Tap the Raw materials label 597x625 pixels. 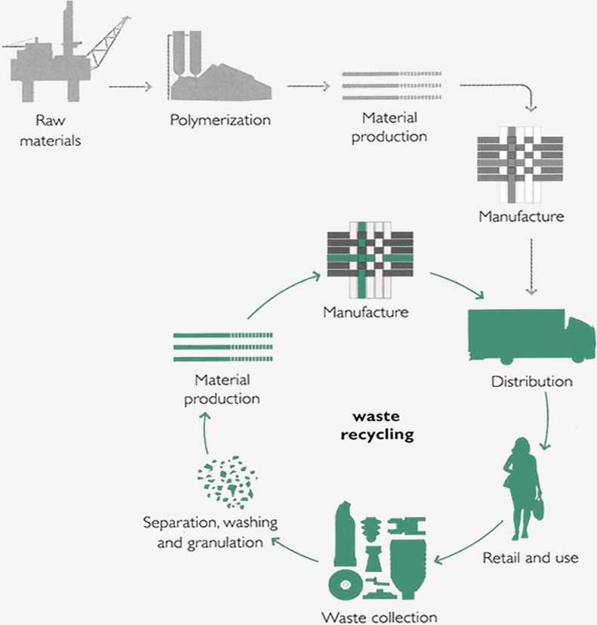click(x=57, y=130)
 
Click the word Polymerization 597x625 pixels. click(x=220, y=119)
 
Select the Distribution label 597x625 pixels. click(x=531, y=381)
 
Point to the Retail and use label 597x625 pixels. click(x=531, y=558)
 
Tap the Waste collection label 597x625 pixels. click(x=379, y=616)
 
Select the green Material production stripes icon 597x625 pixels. click(x=222, y=346)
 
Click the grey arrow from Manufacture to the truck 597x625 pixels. click(x=534, y=265)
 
